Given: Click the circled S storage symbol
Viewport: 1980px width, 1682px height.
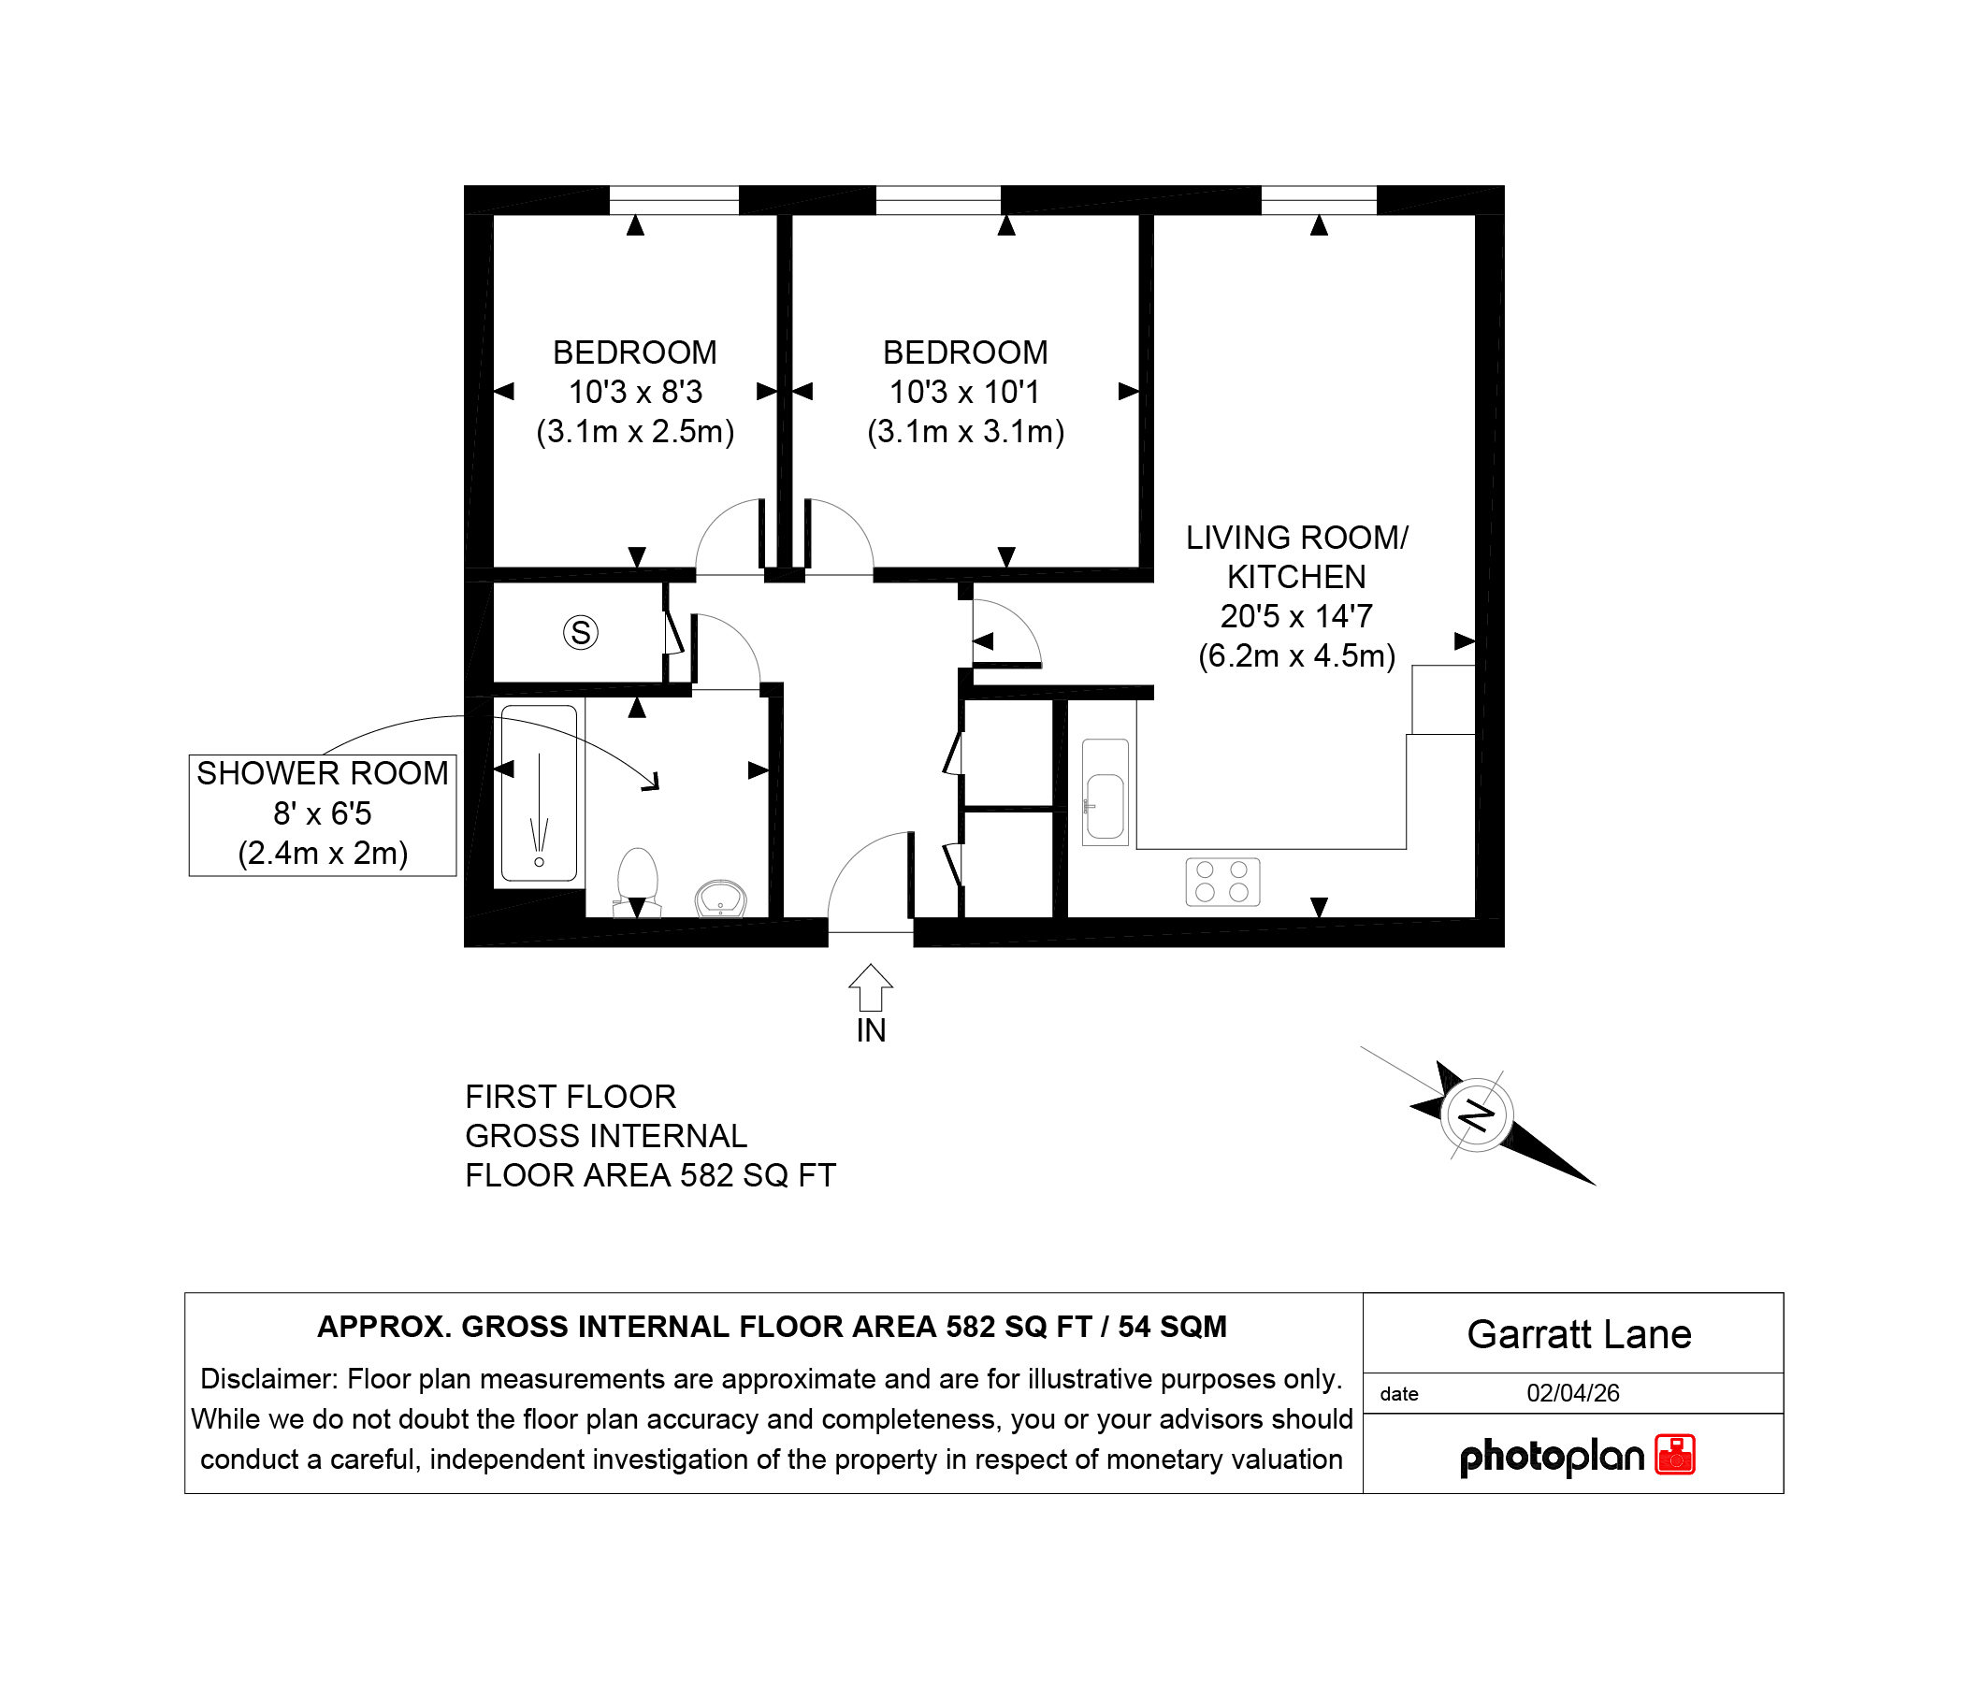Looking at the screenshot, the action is click(x=580, y=632).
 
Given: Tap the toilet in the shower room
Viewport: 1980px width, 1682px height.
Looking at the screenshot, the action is click(x=638, y=882).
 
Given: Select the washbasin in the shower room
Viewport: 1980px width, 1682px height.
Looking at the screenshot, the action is click(x=720, y=899).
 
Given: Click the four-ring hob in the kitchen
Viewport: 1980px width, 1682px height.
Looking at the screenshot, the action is click(x=1221, y=881).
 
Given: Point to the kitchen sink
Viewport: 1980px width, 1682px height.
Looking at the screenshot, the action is click(x=1106, y=792).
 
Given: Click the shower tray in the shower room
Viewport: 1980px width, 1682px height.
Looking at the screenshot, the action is click(x=539, y=792).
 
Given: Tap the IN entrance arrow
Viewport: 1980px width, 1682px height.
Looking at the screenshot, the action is click(x=870, y=988).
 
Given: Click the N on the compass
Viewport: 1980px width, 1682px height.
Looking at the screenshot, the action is click(x=1477, y=1114).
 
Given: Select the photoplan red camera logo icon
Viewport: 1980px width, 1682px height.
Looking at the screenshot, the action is click(x=1674, y=1454).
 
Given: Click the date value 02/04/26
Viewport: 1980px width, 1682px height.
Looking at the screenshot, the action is click(x=1573, y=1393).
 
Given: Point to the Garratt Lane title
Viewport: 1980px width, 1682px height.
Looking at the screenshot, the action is click(x=1579, y=1334).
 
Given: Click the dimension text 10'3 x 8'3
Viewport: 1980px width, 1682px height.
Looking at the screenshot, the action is click(x=635, y=392).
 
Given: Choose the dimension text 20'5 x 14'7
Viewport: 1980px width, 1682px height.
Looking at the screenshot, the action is click(x=1296, y=616).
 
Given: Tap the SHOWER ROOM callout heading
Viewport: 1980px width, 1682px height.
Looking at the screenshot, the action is click(x=323, y=773).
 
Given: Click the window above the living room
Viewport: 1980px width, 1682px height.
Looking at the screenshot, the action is click(x=1318, y=200).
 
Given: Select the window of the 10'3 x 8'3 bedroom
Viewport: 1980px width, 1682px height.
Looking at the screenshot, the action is click(x=673, y=200).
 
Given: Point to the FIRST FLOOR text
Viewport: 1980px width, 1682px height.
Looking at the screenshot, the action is click(x=571, y=1097).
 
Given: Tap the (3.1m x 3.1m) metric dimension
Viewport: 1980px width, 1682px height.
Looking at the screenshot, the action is click(x=965, y=432).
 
